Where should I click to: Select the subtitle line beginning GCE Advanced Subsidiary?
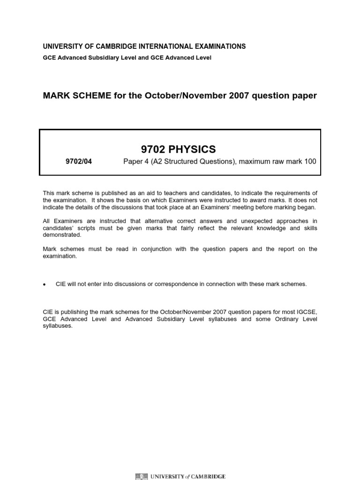127,58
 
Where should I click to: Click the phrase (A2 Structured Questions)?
188,162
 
